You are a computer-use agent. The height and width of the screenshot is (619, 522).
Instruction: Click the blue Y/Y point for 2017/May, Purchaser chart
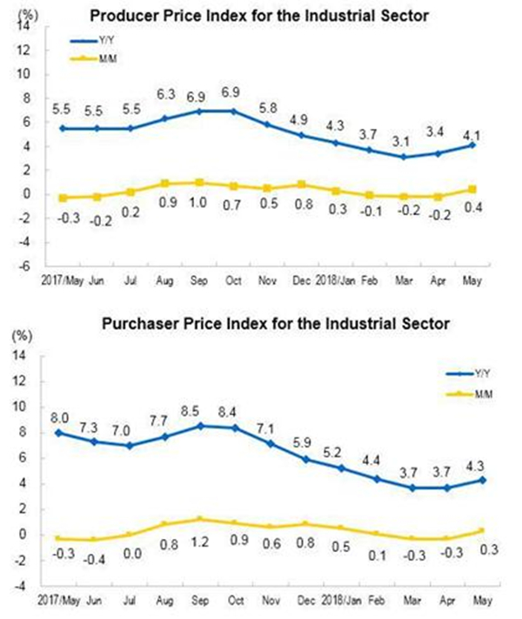click(58, 433)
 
